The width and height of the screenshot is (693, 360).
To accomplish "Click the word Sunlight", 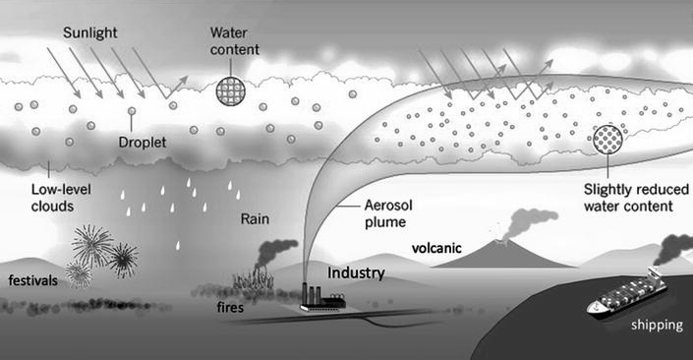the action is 90,33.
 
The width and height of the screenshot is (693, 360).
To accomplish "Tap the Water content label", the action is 235,41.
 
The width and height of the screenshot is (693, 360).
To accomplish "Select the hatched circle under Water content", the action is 231,91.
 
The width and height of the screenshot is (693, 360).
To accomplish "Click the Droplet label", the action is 143,143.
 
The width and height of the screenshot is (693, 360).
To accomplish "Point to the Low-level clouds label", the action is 61,198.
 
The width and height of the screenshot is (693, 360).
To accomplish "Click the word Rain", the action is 255,219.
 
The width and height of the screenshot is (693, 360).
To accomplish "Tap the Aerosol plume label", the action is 388,213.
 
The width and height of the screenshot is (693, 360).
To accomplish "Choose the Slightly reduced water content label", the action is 636,198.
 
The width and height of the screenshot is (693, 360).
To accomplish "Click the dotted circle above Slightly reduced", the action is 607,140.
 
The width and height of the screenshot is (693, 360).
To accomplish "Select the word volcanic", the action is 436,248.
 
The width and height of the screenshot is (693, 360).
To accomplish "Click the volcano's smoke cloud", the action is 530,223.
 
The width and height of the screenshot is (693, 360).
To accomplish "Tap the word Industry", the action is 356,272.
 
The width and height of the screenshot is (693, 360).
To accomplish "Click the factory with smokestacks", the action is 322,298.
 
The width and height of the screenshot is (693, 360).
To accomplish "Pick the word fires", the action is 230,307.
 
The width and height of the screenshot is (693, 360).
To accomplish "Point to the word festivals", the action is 33,280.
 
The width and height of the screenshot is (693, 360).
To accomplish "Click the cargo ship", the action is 627,294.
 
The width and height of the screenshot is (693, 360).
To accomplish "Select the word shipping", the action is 657,326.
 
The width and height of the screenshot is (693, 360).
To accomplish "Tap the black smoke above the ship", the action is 673,249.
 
